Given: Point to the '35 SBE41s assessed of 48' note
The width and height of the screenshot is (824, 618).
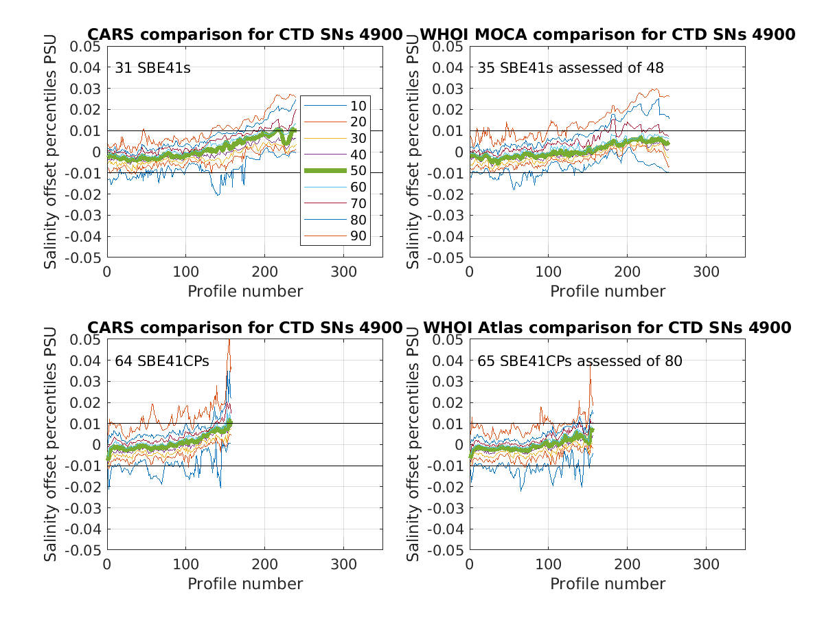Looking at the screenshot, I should click(x=571, y=68).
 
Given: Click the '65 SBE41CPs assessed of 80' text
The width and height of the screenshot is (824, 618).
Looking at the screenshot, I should click(x=580, y=361).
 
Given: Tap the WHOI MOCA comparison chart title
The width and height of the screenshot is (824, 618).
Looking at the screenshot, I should click(x=607, y=34).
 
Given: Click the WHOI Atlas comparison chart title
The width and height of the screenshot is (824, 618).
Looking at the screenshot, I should click(x=607, y=328).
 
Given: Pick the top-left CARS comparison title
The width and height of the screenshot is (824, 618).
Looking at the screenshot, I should click(x=244, y=34).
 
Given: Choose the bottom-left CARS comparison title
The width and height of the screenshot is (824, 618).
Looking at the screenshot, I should click(x=244, y=328).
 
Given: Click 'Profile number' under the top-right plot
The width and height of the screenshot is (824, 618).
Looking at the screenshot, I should click(x=608, y=291).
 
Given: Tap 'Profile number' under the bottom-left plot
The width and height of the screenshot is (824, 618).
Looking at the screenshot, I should click(x=245, y=584).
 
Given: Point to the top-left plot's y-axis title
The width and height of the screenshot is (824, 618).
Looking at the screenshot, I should click(x=51, y=152).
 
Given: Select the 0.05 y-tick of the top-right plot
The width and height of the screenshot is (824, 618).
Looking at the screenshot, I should click(x=449, y=47).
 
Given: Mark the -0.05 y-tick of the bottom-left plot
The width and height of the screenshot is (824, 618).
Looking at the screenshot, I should click(x=84, y=551).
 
